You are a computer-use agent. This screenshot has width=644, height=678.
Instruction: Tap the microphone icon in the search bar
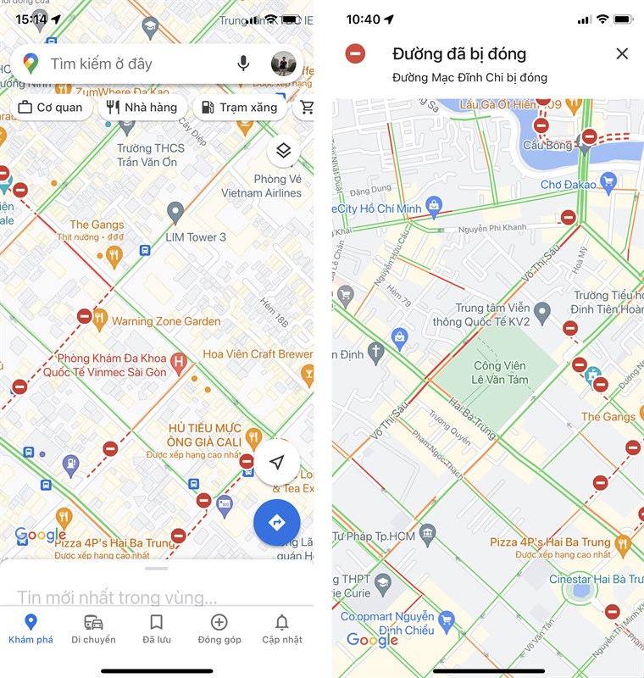pos(243,64)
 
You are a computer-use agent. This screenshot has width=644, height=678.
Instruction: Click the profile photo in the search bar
pos(283,64)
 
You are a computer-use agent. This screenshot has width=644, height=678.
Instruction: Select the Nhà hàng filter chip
pos(142,108)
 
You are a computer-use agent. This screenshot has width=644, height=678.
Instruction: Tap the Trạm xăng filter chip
pos(238,108)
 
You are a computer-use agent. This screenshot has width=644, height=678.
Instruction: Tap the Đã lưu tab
pos(156,629)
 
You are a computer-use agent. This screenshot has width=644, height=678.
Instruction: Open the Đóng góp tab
pos(219,629)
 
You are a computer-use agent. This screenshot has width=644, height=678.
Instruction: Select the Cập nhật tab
pos(281,629)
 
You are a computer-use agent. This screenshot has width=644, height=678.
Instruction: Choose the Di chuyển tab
pos(93,629)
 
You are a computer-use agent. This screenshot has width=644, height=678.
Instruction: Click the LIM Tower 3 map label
pos(196,237)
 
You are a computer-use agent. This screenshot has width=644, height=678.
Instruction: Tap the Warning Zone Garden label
pos(166,321)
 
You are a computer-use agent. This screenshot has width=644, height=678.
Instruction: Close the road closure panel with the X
pos(622,54)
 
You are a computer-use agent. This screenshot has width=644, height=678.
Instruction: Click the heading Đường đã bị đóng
pos(459,54)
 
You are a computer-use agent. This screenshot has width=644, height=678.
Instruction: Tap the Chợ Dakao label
pos(568,184)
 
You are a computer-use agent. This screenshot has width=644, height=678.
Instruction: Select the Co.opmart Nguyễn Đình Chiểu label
pos(388,623)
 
